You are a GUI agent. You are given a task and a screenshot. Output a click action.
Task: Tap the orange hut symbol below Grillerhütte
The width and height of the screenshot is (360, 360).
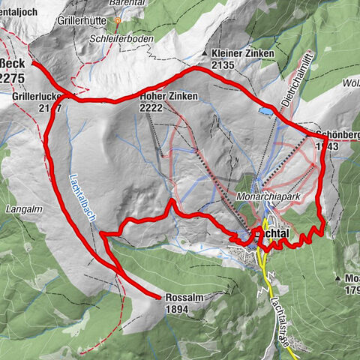pos(117,20)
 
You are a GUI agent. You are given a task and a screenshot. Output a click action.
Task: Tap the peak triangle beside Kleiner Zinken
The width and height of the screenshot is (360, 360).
pos(205,53)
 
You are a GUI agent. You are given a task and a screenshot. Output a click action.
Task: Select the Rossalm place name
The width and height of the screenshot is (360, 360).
pos(183,297)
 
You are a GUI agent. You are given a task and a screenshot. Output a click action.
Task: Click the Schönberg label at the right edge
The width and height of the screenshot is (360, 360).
pos(337,135)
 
